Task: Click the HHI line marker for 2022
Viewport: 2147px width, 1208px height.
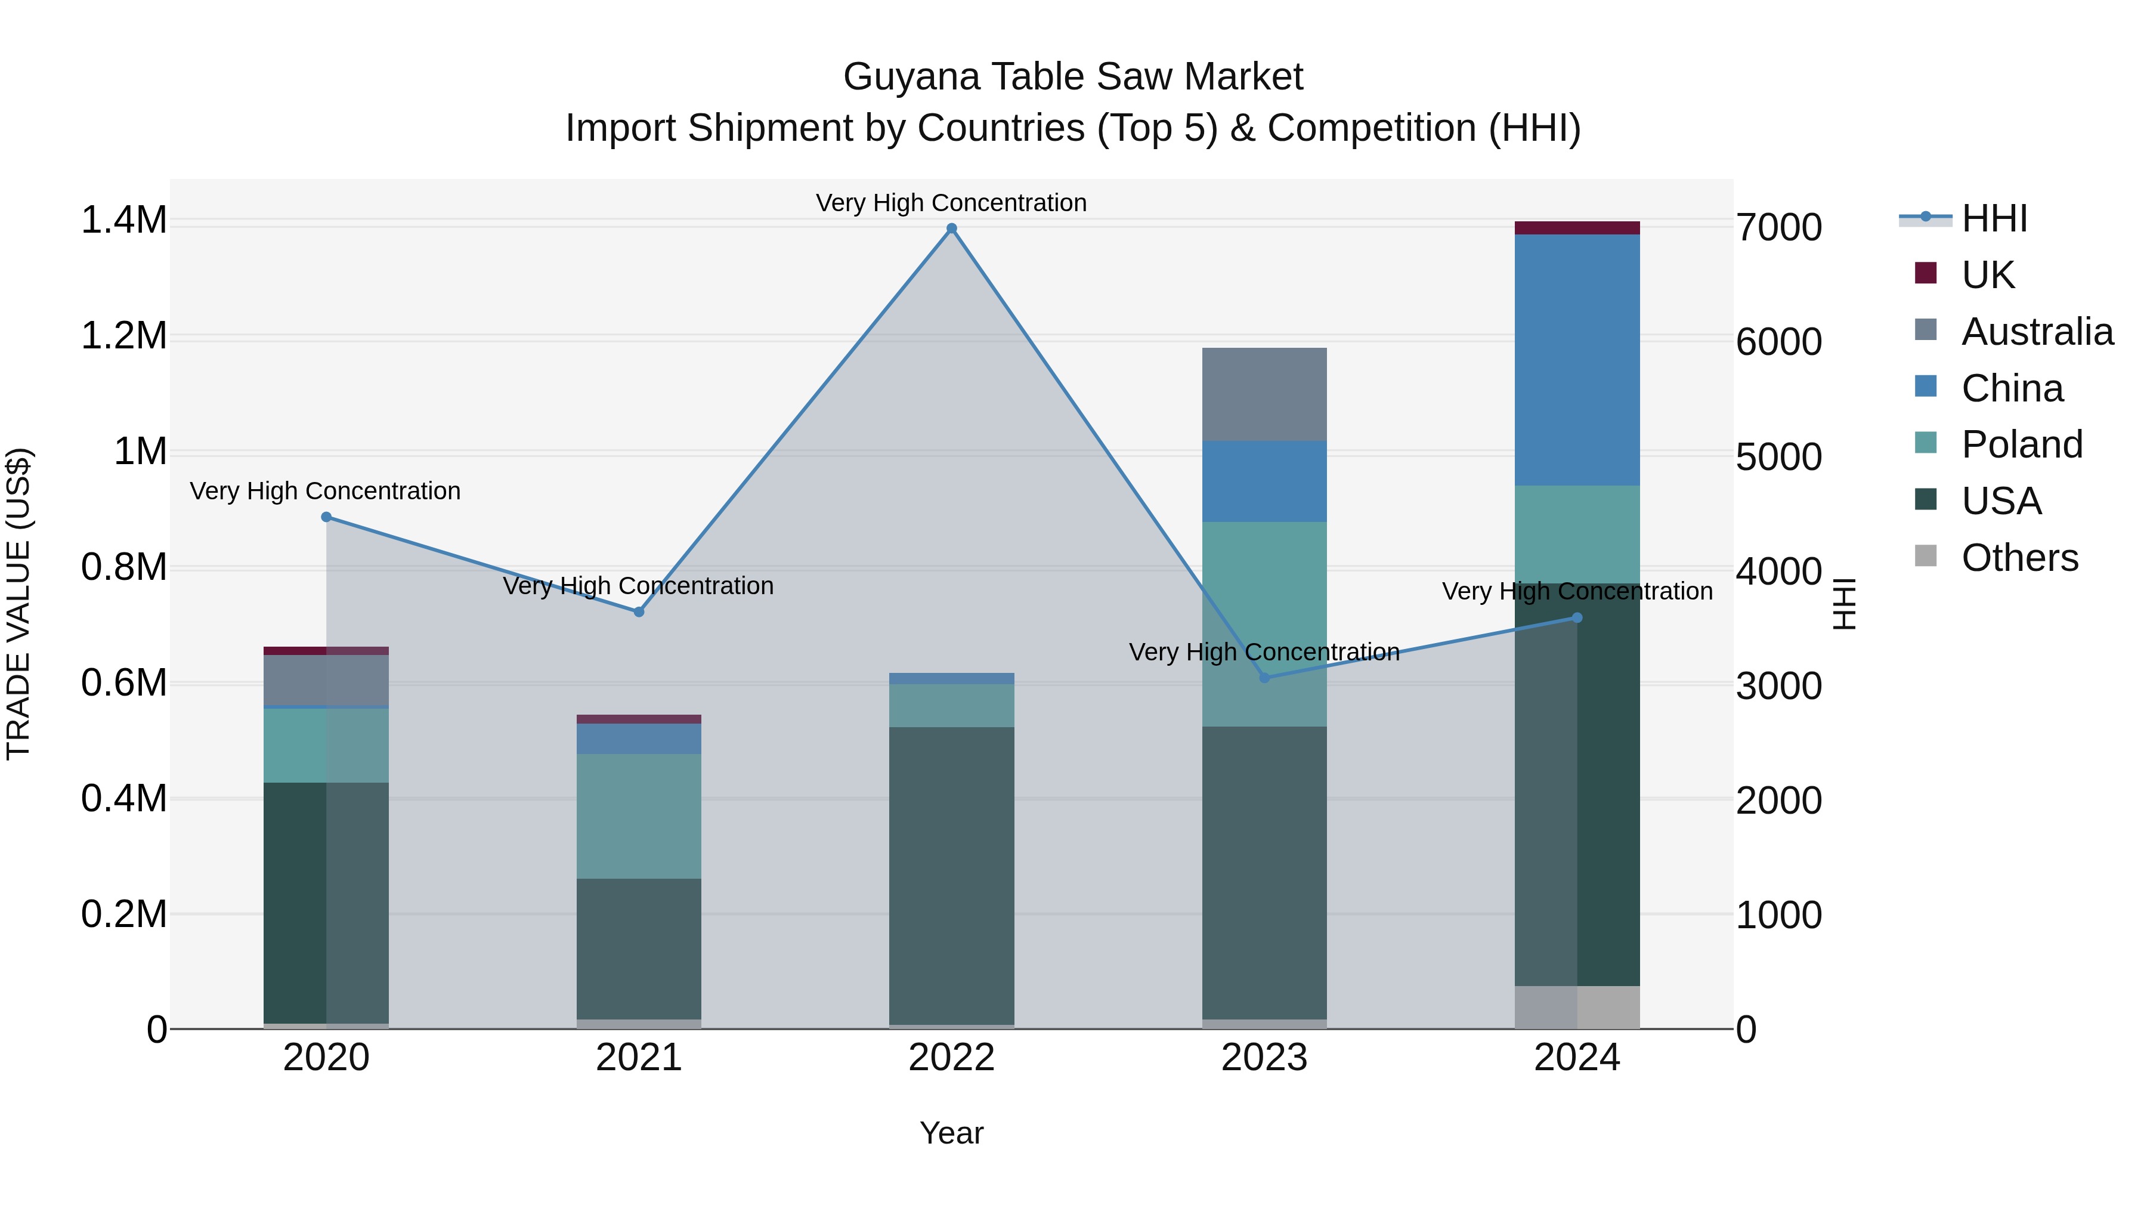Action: (x=951, y=228)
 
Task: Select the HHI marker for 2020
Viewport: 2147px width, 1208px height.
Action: (x=326, y=517)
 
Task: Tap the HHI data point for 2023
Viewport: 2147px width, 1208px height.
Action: (x=1264, y=678)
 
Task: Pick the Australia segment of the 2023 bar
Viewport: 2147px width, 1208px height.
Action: (x=1264, y=394)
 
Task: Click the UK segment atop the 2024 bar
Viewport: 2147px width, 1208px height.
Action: (x=1576, y=228)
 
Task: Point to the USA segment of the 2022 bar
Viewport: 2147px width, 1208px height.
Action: (x=951, y=875)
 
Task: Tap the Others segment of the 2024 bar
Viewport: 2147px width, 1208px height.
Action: (x=1576, y=1007)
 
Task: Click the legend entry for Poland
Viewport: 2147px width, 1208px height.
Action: (x=2021, y=444)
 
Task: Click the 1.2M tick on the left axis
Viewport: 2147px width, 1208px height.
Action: (x=123, y=336)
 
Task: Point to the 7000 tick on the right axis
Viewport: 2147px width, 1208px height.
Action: (x=1778, y=228)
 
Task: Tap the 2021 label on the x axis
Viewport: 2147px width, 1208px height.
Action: (x=638, y=1058)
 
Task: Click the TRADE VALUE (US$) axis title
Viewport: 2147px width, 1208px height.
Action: (x=18, y=604)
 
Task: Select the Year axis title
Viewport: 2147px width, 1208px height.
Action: (x=951, y=1133)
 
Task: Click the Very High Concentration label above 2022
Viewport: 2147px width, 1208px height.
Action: (x=951, y=203)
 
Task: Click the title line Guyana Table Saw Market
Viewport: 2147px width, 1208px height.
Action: (x=1073, y=77)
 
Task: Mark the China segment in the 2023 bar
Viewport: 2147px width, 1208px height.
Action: (x=1264, y=481)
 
